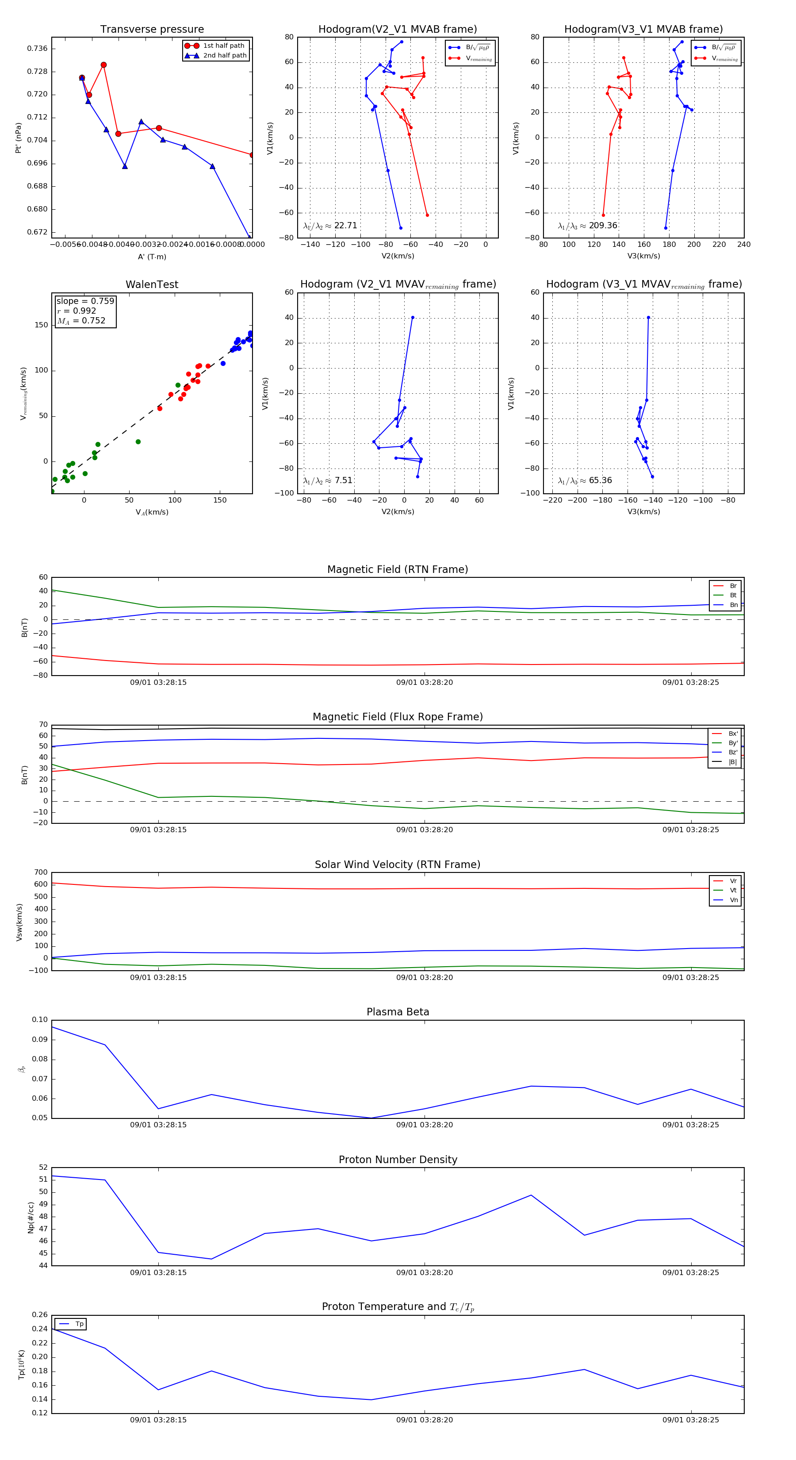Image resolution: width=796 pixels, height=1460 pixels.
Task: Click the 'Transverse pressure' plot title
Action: pyautogui.click(x=152, y=30)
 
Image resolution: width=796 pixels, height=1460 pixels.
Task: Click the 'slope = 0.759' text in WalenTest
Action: pyautogui.click(x=85, y=301)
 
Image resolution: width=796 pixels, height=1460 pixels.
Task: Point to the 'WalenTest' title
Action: pyautogui.click(x=152, y=284)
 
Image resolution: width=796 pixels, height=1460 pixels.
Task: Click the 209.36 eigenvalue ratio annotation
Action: pyautogui.click(x=603, y=226)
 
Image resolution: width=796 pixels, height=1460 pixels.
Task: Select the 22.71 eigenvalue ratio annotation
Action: pyautogui.click(x=345, y=226)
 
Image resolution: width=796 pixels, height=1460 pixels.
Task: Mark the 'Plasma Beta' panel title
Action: pyautogui.click(x=398, y=1012)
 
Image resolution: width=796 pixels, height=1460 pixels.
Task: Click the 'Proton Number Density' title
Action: pyautogui.click(x=398, y=1160)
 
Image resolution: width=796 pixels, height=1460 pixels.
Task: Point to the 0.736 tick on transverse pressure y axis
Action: pyautogui.click(x=38, y=49)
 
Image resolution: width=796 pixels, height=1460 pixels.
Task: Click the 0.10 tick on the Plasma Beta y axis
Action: pyautogui.click(x=40, y=1020)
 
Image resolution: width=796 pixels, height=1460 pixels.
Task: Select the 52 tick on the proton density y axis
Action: pyautogui.click(x=43, y=1167)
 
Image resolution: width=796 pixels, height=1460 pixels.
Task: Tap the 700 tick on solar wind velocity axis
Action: pyautogui.click(x=41, y=872)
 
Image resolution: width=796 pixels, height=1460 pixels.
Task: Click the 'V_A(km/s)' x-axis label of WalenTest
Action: pyautogui.click(x=152, y=512)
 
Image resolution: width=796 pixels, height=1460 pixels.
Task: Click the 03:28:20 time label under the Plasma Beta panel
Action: pyautogui.click(x=425, y=1125)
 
